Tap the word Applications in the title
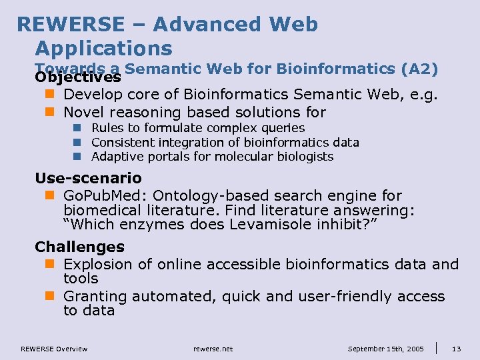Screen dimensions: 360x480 [104, 48]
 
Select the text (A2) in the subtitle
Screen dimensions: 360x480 [420, 69]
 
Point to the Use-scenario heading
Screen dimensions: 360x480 [88, 178]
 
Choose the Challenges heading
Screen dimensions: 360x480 [79, 247]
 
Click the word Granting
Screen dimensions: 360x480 [95, 296]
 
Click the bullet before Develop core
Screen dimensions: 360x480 [49, 95]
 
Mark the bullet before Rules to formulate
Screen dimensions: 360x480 [77, 128]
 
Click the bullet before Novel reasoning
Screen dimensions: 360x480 [49, 112]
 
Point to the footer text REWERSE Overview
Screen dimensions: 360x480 [54, 349]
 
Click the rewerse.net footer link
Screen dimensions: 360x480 [213, 349]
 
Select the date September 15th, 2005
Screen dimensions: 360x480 [385, 349]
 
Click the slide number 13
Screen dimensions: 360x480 [457, 349]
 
